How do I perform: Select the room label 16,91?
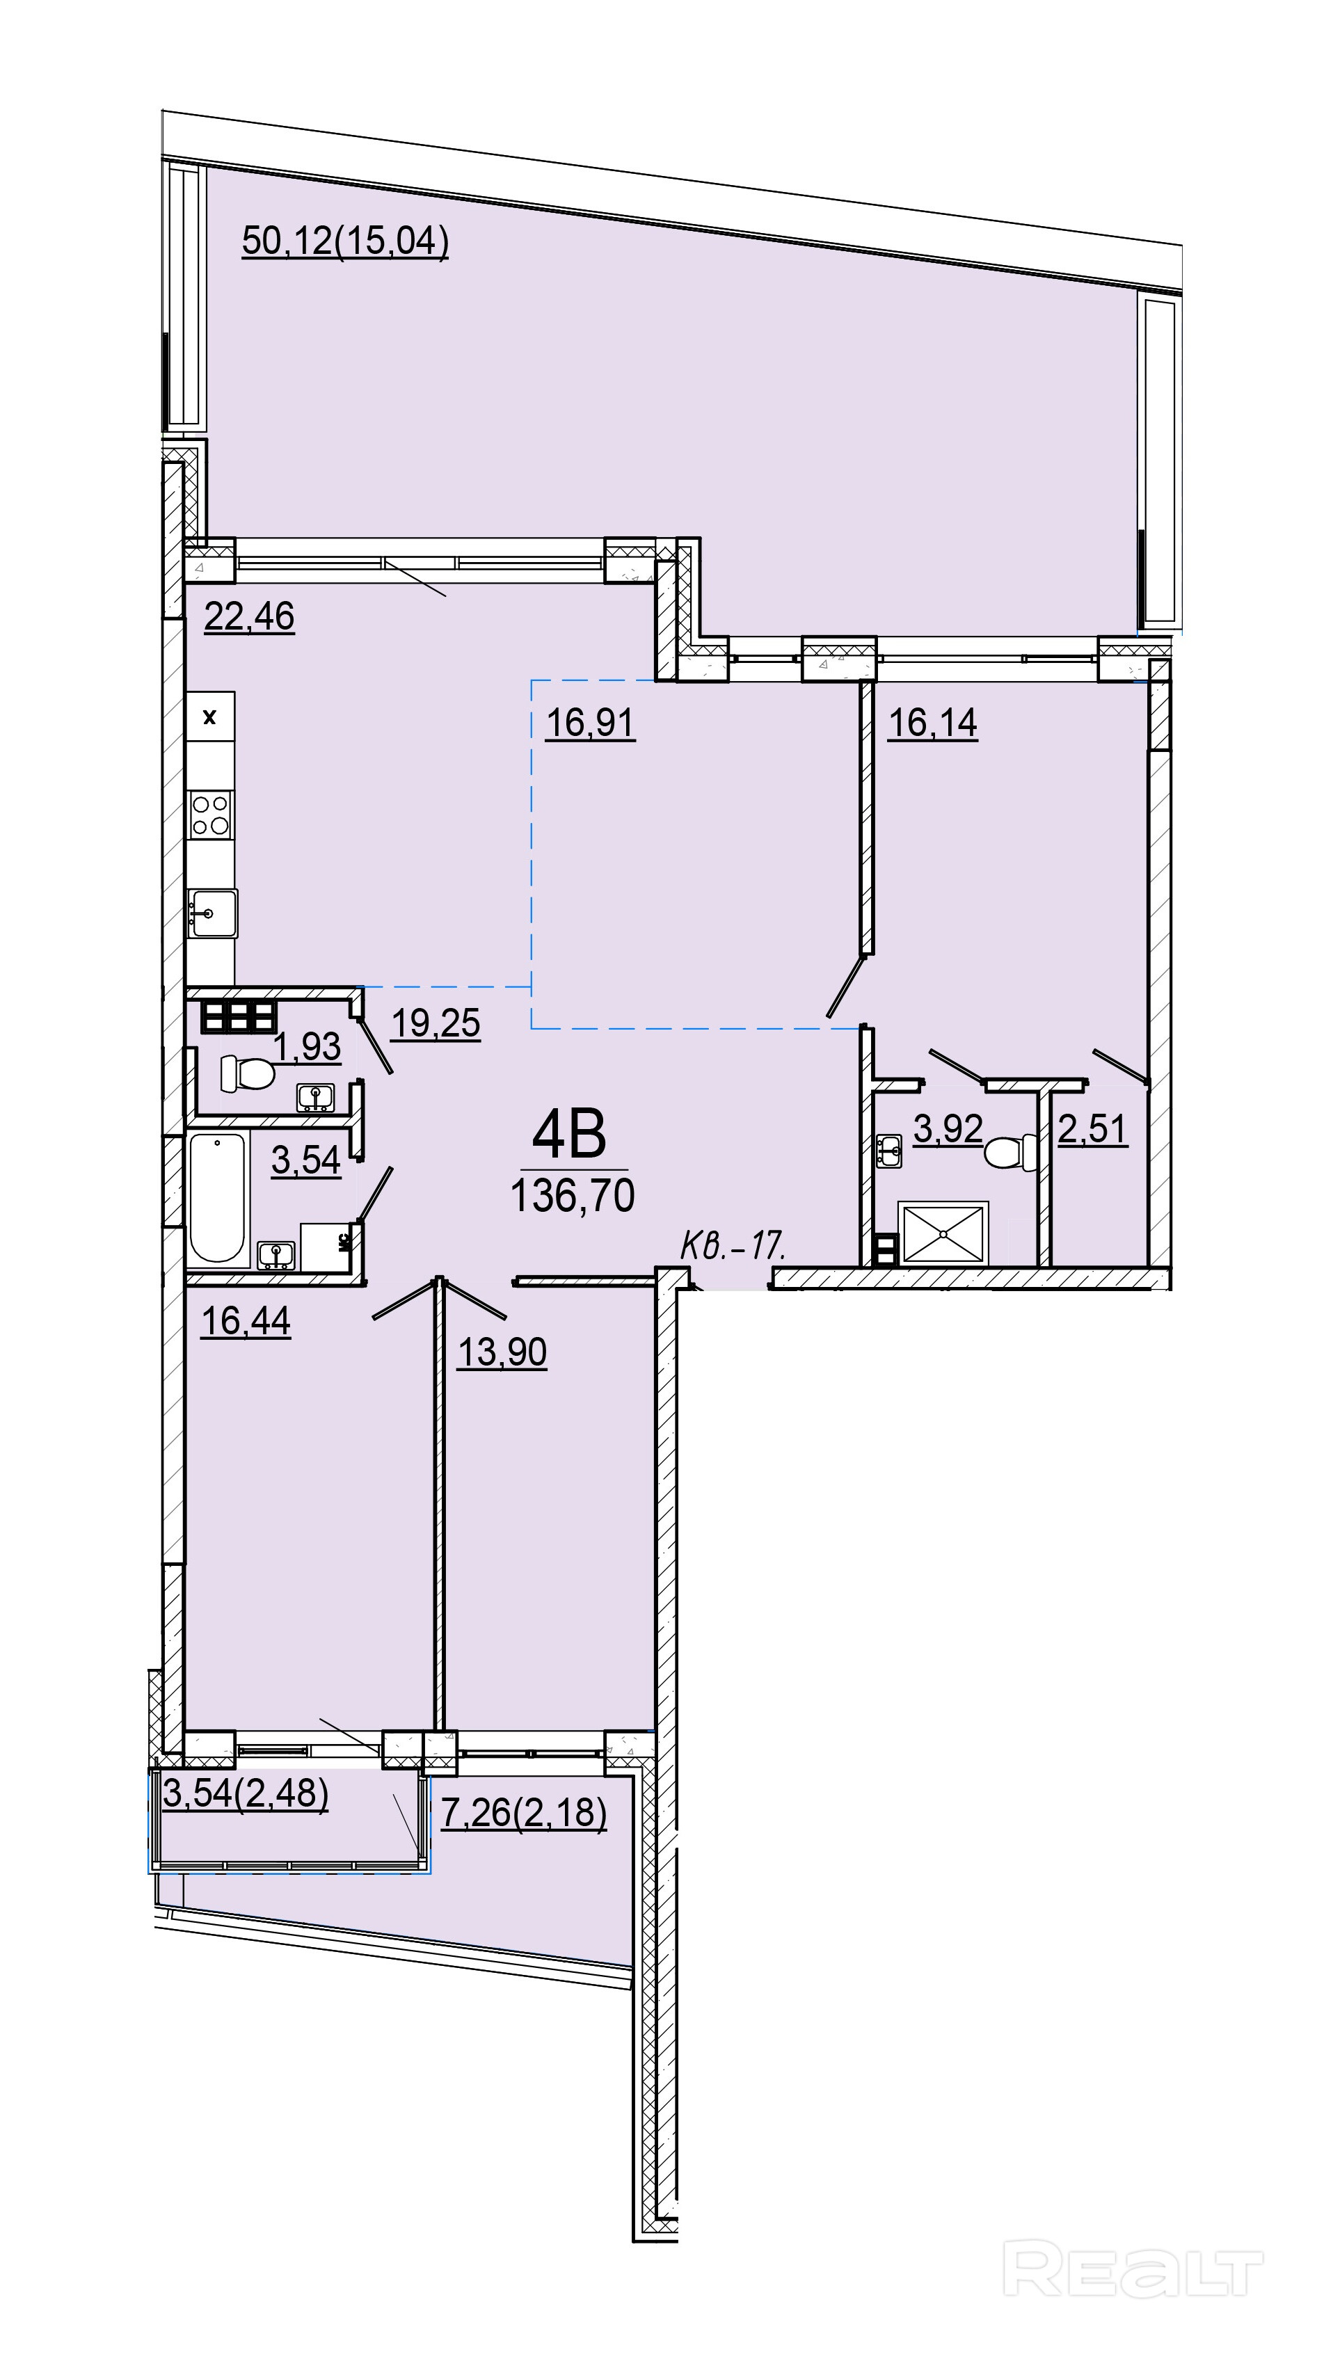click(x=590, y=723)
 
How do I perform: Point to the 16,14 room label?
click(x=932, y=723)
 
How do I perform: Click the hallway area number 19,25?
click(x=436, y=1023)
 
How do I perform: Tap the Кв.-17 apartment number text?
click(x=733, y=1246)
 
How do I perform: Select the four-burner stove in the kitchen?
click(x=211, y=813)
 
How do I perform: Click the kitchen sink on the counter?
click(x=212, y=913)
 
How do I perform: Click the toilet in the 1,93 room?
click(x=247, y=1073)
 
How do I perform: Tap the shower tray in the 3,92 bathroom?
click(x=942, y=1233)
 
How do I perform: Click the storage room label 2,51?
click(x=1092, y=1130)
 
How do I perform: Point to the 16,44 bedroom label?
click(x=246, y=1322)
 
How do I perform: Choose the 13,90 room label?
click(x=502, y=1352)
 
